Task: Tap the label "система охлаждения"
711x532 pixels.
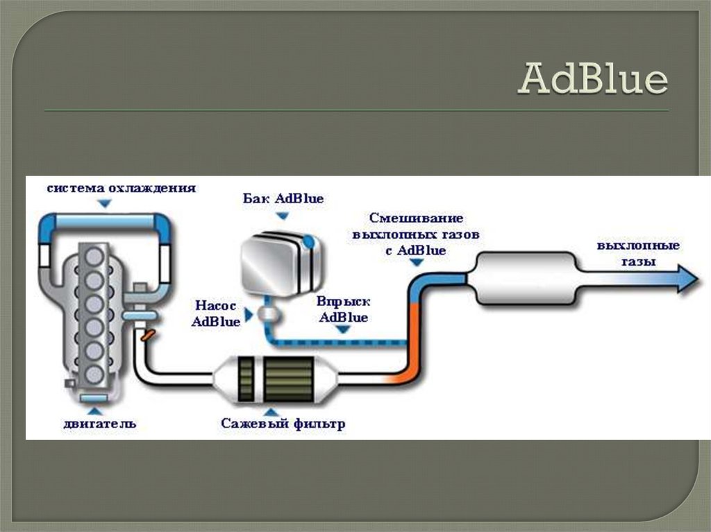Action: pos(122,188)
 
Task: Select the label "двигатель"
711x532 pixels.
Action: pos(100,423)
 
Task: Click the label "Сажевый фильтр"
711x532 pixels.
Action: pos(283,423)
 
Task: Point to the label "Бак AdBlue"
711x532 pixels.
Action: pos(283,198)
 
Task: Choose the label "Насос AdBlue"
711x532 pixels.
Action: pos(216,313)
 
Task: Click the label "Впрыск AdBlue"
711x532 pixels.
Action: pos(342,310)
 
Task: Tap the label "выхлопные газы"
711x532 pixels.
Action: pos(637,254)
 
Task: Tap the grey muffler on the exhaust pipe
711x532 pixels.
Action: pos(525,278)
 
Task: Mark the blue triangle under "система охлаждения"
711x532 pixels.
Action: pos(104,203)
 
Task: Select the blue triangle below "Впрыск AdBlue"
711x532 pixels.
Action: pos(342,330)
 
